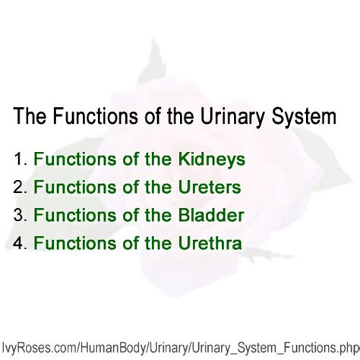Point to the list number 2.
19,187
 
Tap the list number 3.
19,215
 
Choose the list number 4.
19,243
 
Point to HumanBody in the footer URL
102,344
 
